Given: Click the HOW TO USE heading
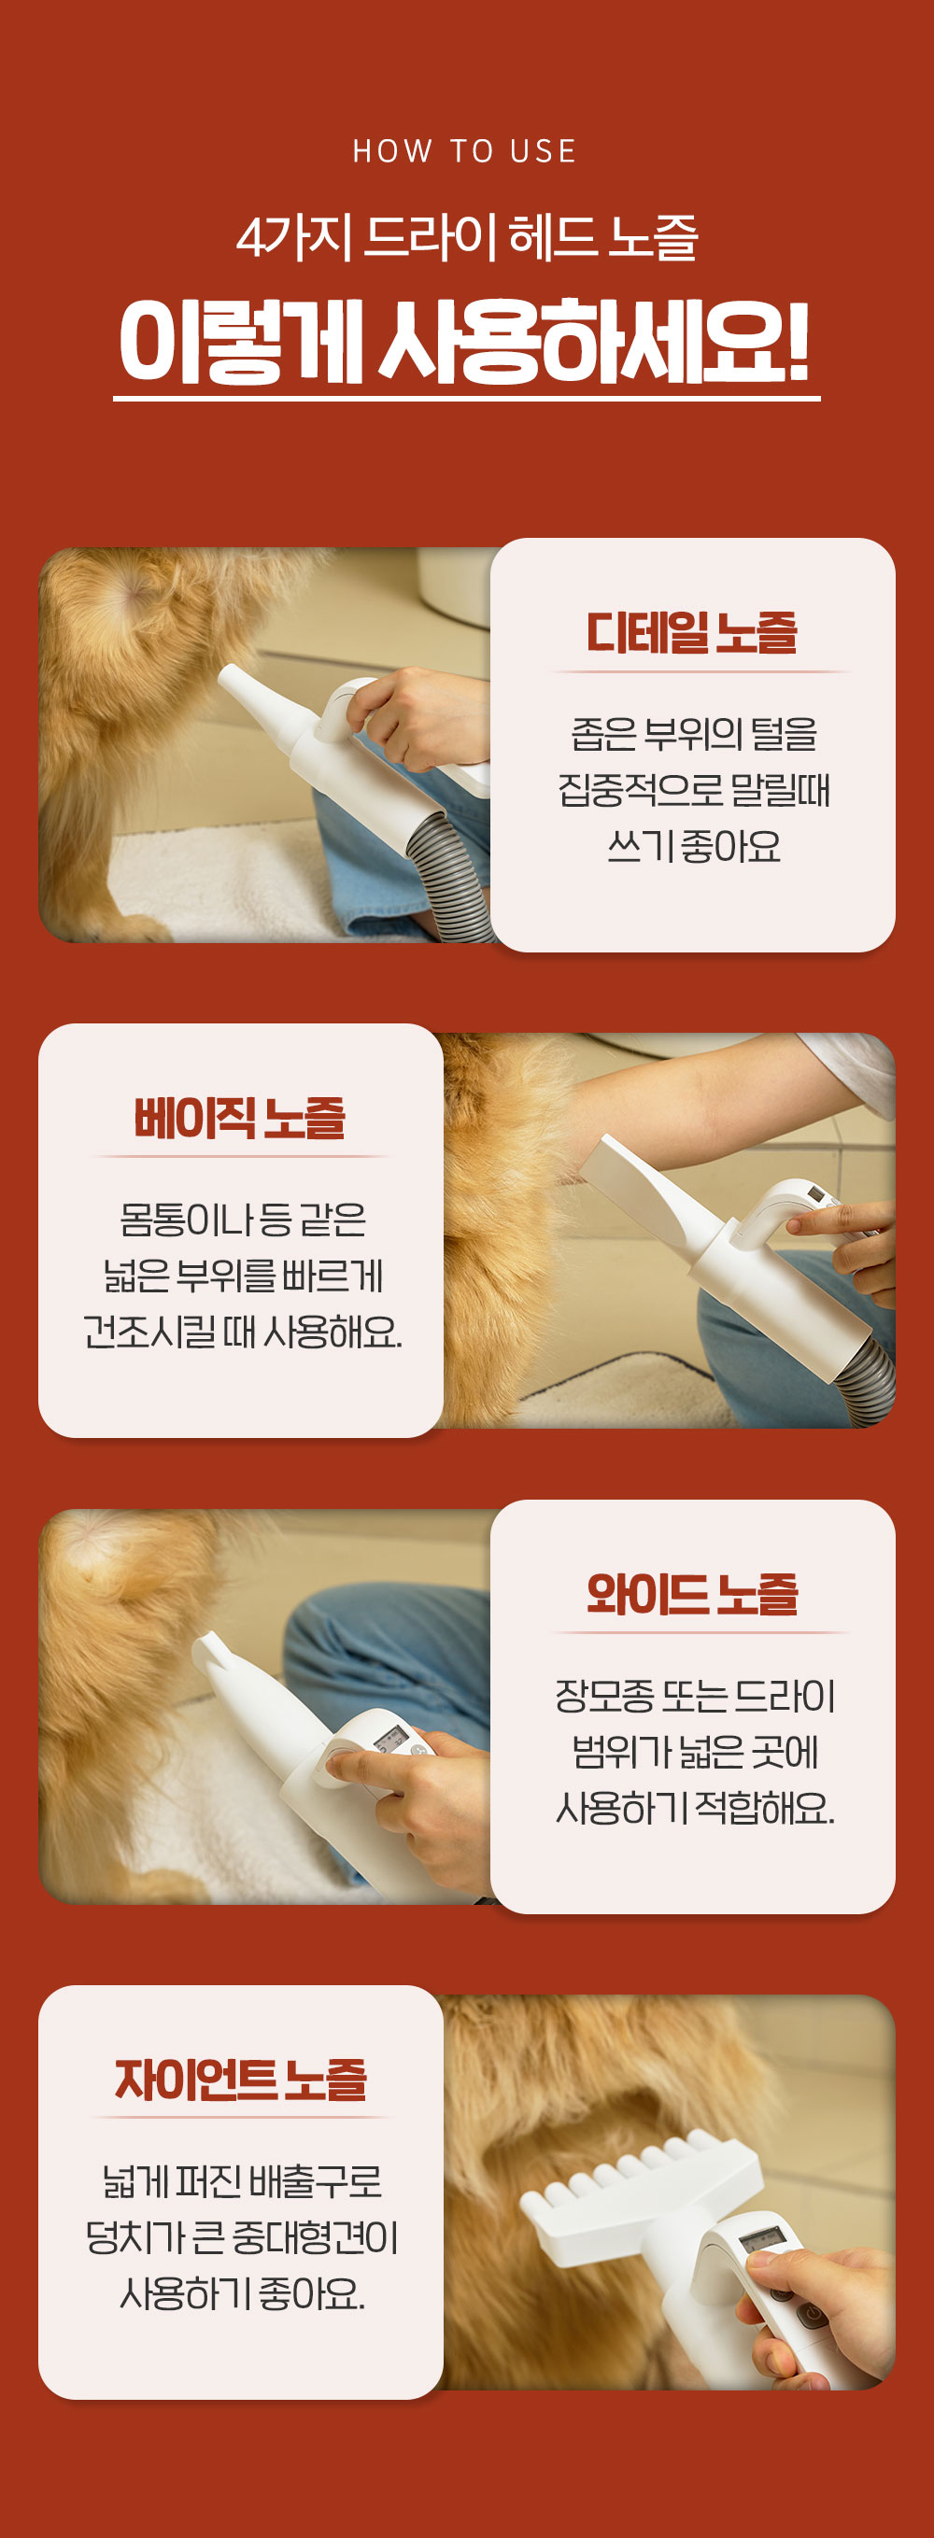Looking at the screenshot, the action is (x=465, y=150).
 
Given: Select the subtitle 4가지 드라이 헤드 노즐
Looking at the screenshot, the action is (x=467, y=237).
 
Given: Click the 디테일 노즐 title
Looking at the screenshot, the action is (x=692, y=631).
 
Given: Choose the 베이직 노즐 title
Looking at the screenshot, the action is (x=240, y=1118).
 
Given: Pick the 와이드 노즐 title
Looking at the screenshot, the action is (x=692, y=1594).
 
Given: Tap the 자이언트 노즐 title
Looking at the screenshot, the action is (x=240, y=2079).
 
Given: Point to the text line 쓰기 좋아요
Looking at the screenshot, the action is (x=694, y=845).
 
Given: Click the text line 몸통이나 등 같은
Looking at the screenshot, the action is (x=242, y=1220).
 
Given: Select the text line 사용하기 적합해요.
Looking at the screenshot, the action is (x=695, y=1807).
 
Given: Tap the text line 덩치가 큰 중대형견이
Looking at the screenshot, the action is (x=242, y=2236).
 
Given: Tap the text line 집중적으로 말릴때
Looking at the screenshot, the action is (x=694, y=789).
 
